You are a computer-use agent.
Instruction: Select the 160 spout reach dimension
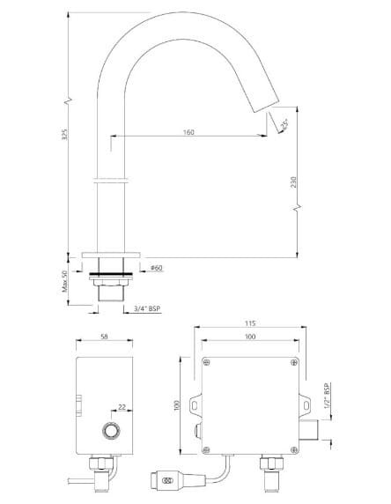tap(188, 132)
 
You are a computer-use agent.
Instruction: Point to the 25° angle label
tap(284, 126)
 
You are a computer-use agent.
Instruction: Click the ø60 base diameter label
tap(156, 267)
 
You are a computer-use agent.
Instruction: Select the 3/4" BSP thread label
tap(148, 308)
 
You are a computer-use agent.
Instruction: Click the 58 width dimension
tap(105, 337)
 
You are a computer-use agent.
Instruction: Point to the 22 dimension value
tap(122, 408)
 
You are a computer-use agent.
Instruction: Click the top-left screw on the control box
tap(208, 362)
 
